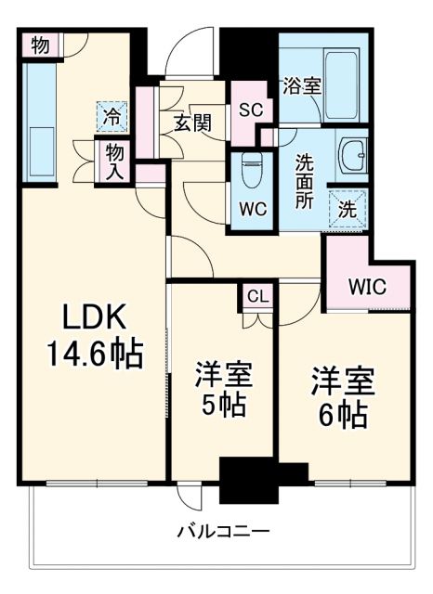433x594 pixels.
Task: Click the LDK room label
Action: [x=93, y=318]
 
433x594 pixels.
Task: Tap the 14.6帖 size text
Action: [x=93, y=354]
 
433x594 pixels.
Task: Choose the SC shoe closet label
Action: [x=250, y=109]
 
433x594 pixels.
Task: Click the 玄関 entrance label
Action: [x=193, y=121]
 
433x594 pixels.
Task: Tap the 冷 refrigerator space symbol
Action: [x=112, y=118]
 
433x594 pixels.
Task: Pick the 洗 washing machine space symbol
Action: [x=347, y=209]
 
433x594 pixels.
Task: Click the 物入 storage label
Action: [x=115, y=161]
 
